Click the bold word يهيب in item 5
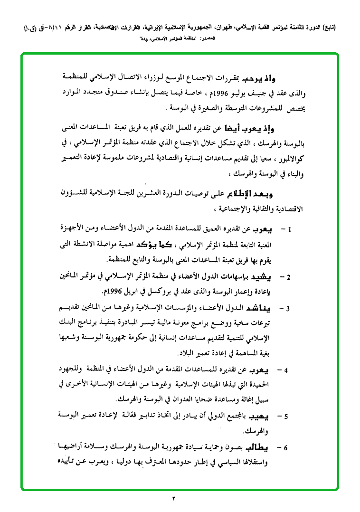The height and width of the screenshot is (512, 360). tap(274, 417)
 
